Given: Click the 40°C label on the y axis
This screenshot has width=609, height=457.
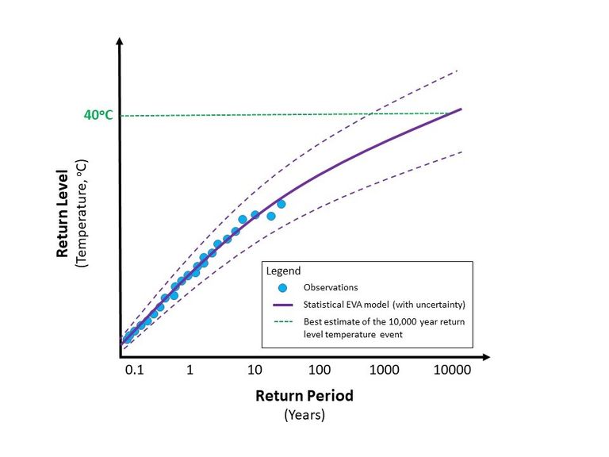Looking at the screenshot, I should tap(98, 115).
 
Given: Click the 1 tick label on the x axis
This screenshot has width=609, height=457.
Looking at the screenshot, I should tap(190, 371).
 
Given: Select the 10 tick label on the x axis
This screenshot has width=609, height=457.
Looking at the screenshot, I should tap(255, 371).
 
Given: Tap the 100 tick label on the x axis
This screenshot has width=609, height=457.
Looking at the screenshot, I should tap(320, 371).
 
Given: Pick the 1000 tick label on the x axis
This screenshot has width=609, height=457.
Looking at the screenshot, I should tap(385, 371).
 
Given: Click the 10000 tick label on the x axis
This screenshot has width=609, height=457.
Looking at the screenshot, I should tap(454, 371).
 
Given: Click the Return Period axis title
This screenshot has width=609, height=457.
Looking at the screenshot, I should tap(304, 395).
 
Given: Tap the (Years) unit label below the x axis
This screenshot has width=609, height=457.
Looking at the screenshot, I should tap(304, 414).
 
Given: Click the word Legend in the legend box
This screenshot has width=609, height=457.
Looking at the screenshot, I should tap(283, 270).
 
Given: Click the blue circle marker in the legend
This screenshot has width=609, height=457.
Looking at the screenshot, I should tap(282, 287).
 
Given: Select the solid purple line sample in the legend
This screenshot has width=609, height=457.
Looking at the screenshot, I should tap(282, 305).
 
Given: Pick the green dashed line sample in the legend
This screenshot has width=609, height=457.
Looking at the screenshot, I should tap(282, 321).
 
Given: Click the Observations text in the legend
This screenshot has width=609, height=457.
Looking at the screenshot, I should tap(331, 287).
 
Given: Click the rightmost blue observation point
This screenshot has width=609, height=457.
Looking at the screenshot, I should tap(281, 204).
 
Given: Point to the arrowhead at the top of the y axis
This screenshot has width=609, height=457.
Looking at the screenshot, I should tap(119, 40).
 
